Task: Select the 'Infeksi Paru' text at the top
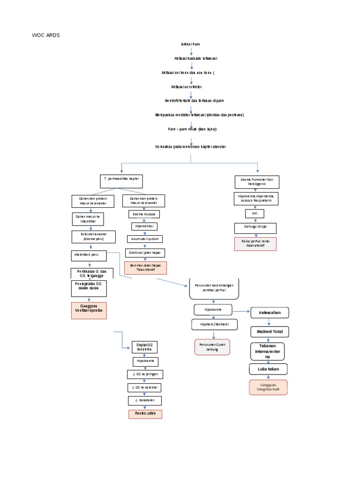pos(190,44)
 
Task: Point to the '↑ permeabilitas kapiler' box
pos(121,180)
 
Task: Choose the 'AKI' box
pos(255,213)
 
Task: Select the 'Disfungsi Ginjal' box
pos(255,228)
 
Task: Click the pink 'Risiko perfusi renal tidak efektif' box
pos(255,244)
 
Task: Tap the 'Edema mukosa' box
pos(144,214)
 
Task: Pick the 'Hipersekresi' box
pos(144,226)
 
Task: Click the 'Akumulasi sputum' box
pos(145,239)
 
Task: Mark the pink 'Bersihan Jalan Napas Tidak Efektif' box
pos(145,268)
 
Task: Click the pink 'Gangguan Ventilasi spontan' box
pos(89,310)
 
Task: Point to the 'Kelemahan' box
pos(269,313)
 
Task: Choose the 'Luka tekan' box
pos(268,369)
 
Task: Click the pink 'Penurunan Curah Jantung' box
pos(212,347)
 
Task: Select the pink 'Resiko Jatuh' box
pos(145,414)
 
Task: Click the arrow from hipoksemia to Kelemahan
pos(241,311)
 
